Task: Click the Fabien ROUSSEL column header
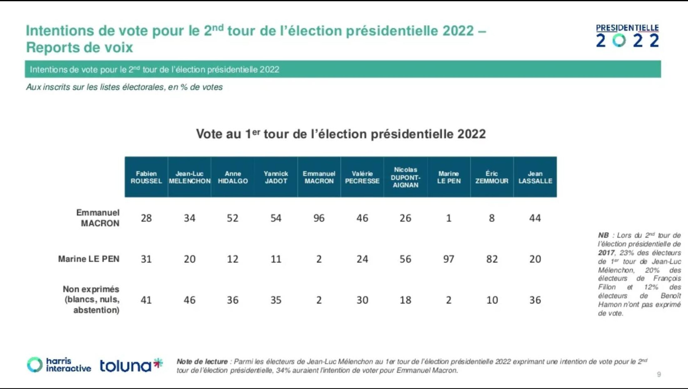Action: (146, 177)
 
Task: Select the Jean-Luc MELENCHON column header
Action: (190, 177)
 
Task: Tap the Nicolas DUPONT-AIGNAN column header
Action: (405, 177)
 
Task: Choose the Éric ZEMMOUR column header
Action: (492, 177)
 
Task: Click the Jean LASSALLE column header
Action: (535, 177)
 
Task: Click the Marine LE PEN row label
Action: (89, 259)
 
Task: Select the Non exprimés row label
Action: (92, 299)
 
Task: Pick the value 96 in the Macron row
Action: (319, 218)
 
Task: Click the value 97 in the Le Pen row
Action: (448, 259)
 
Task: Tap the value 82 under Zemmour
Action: (492, 259)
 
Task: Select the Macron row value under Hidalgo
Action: (233, 218)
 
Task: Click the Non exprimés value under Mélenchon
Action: (190, 300)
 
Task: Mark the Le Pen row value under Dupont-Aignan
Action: (405, 259)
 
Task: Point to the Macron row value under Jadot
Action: (276, 218)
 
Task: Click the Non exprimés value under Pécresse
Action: (362, 300)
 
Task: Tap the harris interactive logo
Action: (59, 365)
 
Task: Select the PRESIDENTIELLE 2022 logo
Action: (627, 36)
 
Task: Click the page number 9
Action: (659, 374)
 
